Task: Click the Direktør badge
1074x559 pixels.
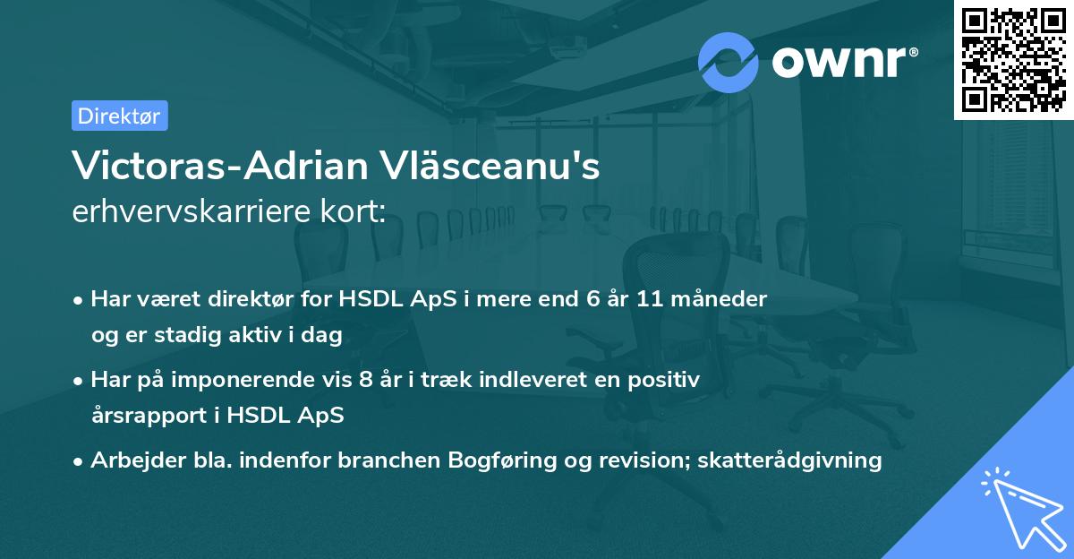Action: pos(119,116)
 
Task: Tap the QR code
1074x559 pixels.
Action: pos(1013,60)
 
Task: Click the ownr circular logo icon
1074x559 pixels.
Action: pos(729,62)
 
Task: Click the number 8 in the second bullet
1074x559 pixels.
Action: pos(364,380)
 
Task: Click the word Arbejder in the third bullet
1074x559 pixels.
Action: pos(131,460)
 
